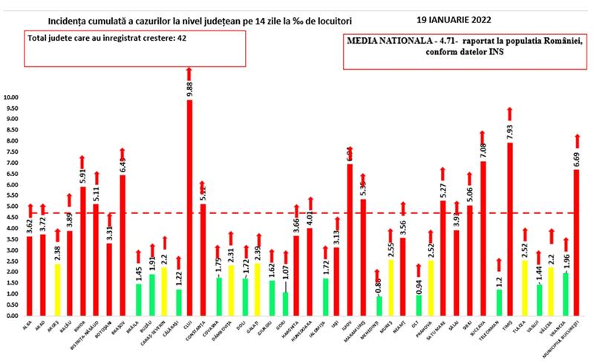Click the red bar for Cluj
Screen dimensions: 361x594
189,208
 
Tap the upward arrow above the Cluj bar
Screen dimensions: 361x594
189,73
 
